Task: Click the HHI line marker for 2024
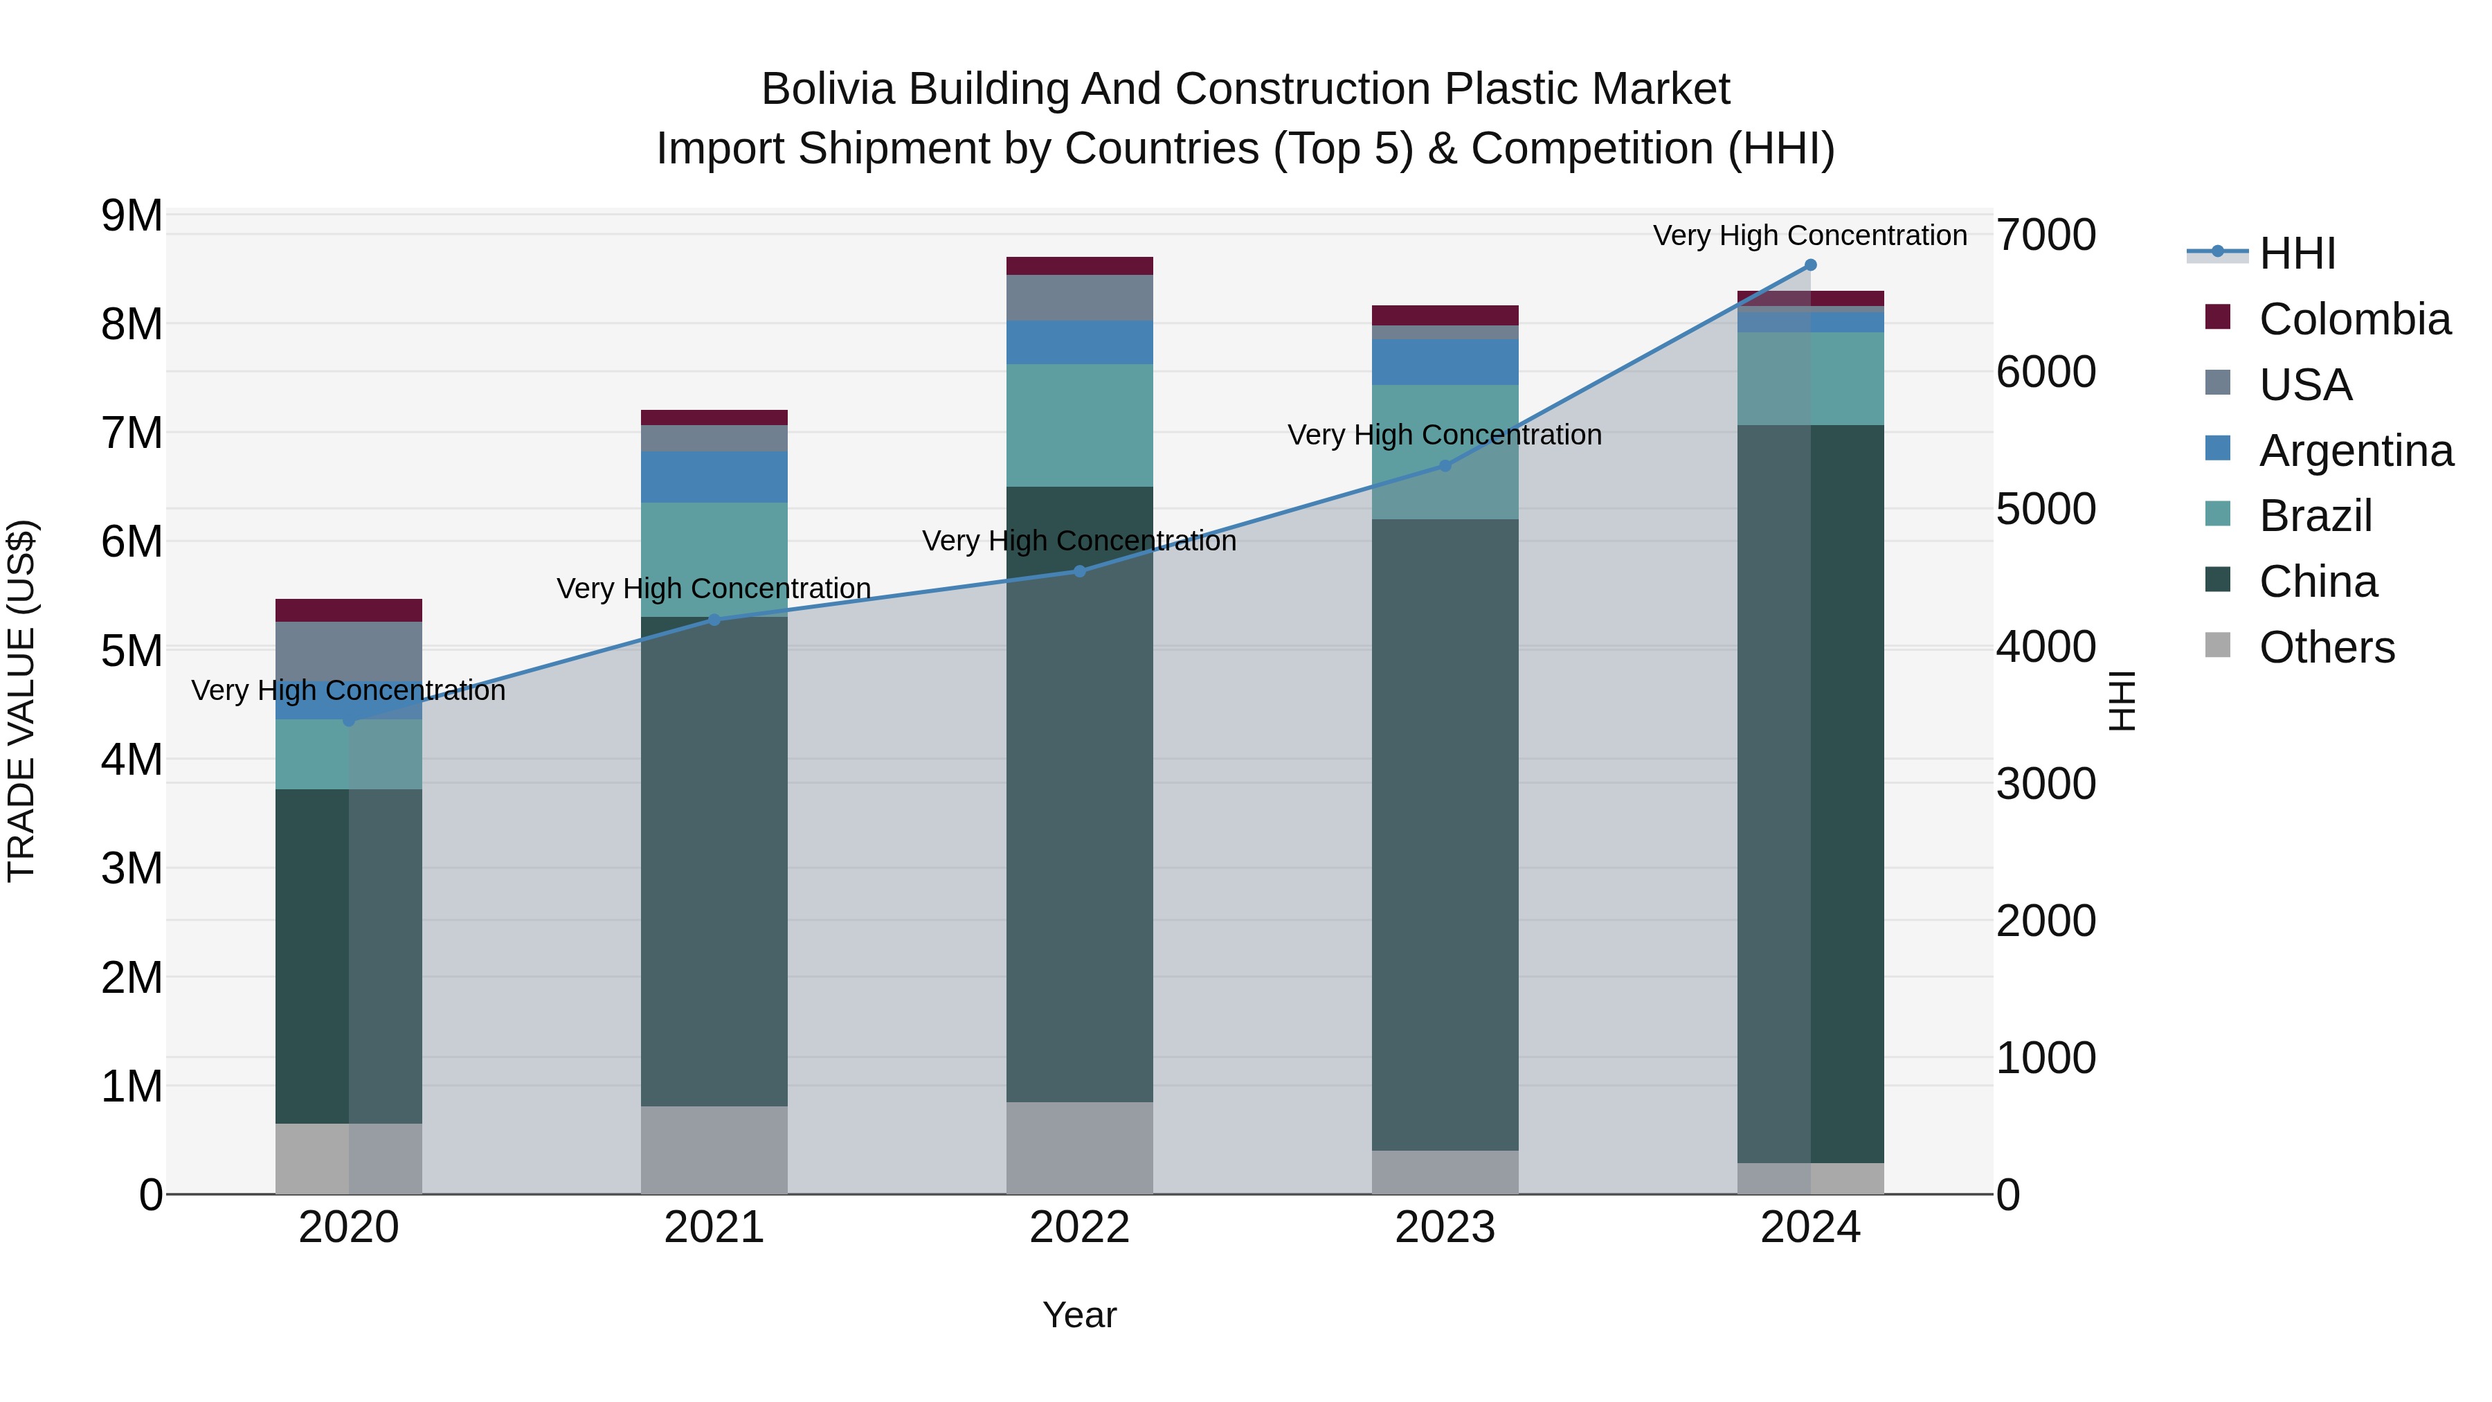[x=1810, y=265]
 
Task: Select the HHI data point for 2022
[x=1080, y=572]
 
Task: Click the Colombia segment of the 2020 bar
[x=348, y=611]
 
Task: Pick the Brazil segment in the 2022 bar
[x=1080, y=426]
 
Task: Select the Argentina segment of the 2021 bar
[x=714, y=477]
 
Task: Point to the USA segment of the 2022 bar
[x=1080, y=298]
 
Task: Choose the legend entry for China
[x=2318, y=582]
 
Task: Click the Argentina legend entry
[x=2356, y=451]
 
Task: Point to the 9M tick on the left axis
[x=132, y=216]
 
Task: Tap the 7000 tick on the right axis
[x=2045, y=235]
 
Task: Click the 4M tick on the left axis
[x=132, y=760]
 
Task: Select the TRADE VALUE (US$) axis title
[x=22, y=701]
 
